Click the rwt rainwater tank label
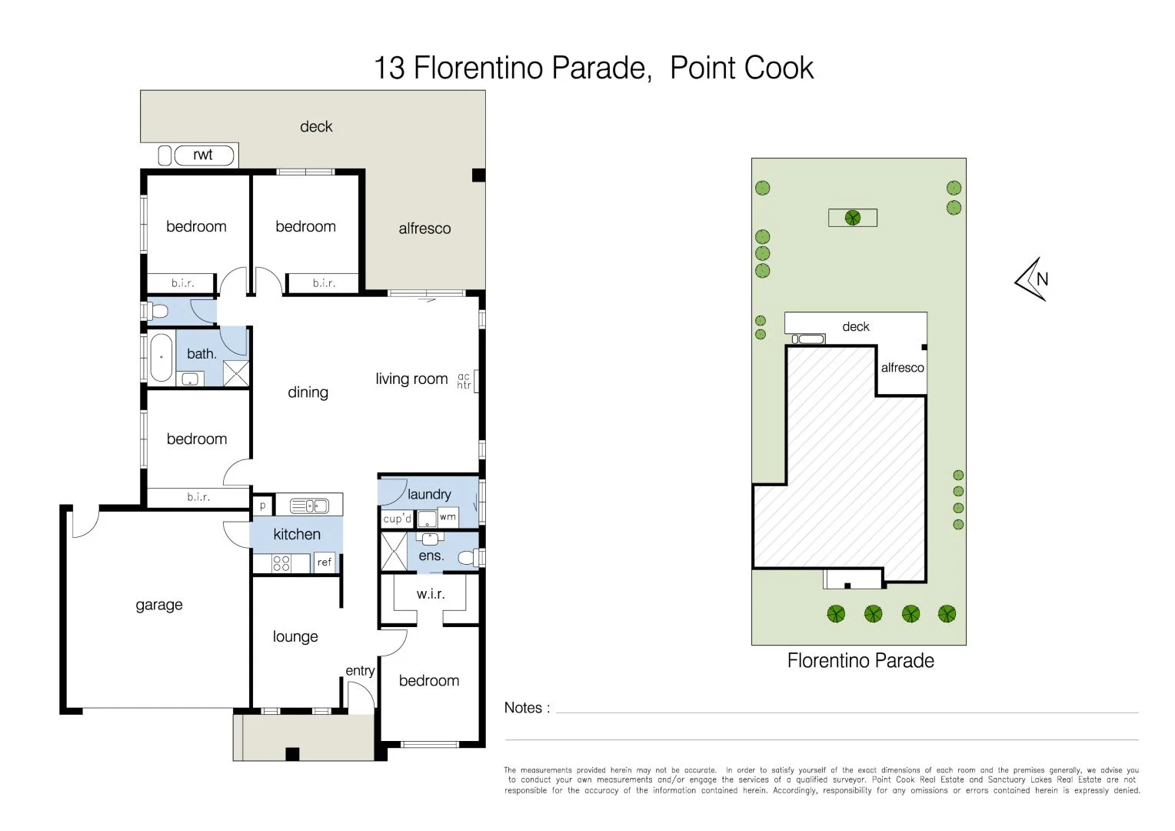pyautogui.click(x=202, y=155)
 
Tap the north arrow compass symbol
pyautogui.click(x=1032, y=279)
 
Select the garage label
pyautogui.click(x=159, y=606)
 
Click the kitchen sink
pyautogui.click(x=309, y=506)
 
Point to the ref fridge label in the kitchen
pyautogui.click(x=325, y=562)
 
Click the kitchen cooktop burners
pyautogui.click(x=281, y=564)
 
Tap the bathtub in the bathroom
pyautogui.click(x=161, y=357)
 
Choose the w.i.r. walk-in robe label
pyautogui.click(x=431, y=594)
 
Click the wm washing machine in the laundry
pyautogui.click(x=448, y=517)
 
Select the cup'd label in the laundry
pyautogui.click(x=397, y=519)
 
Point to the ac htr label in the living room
pyautogui.click(x=464, y=381)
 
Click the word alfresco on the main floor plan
pyautogui.click(x=424, y=229)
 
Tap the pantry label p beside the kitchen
pyautogui.click(x=263, y=506)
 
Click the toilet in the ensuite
pyautogui.click(x=468, y=557)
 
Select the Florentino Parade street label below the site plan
pyautogui.click(x=860, y=660)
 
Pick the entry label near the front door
pyautogui.click(x=360, y=671)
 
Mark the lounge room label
pyautogui.click(x=295, y=637)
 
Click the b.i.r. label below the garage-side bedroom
pyautogui.click(x=198, y=496)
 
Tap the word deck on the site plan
pyautogui.click(x=856, y=326)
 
